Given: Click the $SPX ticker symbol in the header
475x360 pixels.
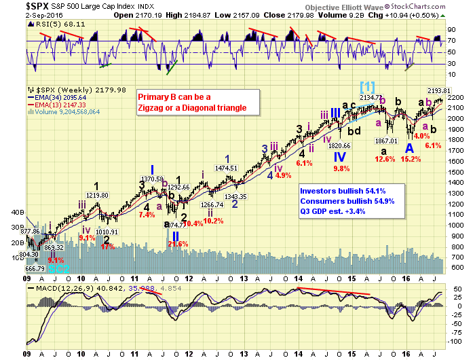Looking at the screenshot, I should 16,5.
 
